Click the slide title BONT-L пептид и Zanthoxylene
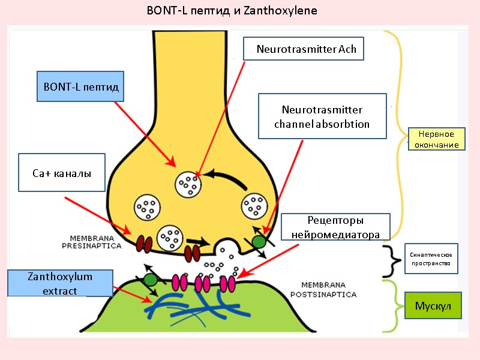(232, 11)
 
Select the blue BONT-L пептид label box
(81, 87)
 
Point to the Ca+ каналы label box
(62, 173)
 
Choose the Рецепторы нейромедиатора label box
(335, 227)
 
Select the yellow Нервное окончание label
(436, 139)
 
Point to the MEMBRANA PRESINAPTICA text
(92, 242)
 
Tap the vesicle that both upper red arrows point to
(188, 185)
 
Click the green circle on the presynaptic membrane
(259, 241)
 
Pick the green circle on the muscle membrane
(150, 280)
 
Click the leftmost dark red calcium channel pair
(144, 243)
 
